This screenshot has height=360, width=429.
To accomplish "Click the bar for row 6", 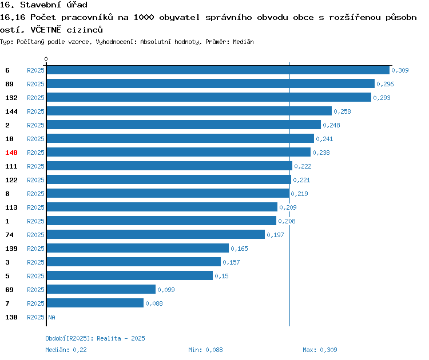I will (x=217, y=70).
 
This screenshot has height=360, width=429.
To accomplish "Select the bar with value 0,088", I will (x=95, y=303).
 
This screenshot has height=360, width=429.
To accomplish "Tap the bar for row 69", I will (x=101, y=290).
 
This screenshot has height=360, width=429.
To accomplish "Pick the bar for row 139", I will (x=137, y=249).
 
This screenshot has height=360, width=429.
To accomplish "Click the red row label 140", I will (x=11, y=153).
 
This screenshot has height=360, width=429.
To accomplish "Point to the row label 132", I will (x=11, y=98).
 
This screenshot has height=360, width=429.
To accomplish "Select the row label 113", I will (x=11, y=207).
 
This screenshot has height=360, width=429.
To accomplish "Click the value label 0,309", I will (x=400, y=71).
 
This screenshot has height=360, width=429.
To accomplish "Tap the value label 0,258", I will (x=342, y=111).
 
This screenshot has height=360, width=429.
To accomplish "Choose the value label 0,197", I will (x=275, y=235).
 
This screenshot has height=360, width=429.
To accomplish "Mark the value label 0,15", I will (x=221, y=276).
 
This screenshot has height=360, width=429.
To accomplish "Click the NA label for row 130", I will (x=51, y=317).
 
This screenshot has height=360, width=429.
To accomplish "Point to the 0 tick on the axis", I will (x=46, y=59).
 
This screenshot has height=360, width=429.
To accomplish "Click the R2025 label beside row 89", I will (x=35, y=84).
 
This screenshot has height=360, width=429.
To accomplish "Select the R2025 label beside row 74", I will (x=35, y=235).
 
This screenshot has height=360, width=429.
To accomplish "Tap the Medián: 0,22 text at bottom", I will (x=66, y=350).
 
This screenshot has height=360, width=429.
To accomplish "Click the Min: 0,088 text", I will (x=205, y=350).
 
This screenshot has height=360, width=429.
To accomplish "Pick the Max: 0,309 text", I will (x=320, y=350).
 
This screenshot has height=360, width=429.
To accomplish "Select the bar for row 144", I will (x=189, y=111).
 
